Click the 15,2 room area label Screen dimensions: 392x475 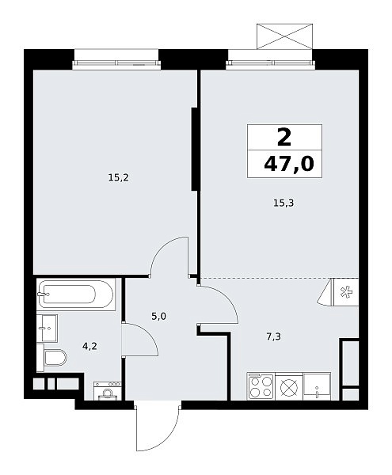119,177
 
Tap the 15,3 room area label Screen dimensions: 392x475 284,203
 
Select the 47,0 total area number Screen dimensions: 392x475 289,165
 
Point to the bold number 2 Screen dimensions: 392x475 284,137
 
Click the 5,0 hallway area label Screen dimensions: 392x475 159,317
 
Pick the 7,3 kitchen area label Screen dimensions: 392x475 274,336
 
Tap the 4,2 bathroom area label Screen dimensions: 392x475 89,346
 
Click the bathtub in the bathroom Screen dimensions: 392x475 76,294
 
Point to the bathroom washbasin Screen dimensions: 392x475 47,328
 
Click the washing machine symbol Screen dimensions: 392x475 108,390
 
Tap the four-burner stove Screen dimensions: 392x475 261,386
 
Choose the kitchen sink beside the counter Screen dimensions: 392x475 318,386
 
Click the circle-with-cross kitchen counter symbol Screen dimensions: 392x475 289,387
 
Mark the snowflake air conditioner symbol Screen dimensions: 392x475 345,292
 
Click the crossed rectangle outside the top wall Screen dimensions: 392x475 284,36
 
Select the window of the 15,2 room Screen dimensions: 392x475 116,63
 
